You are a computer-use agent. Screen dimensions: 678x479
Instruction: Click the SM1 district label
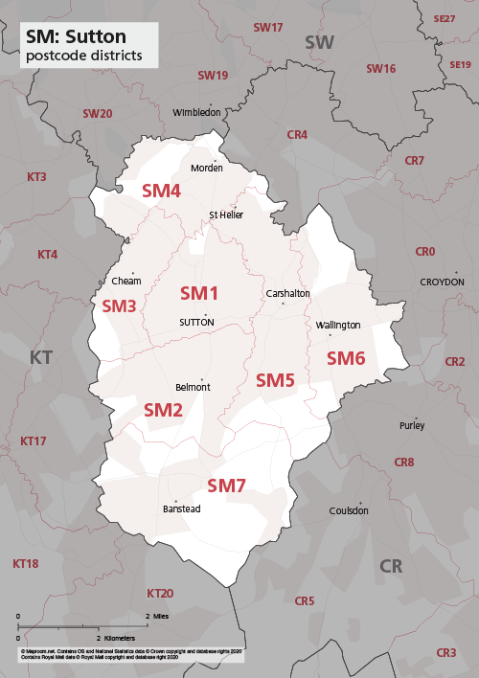tap(200, 292)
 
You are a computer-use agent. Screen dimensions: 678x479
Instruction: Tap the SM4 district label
tap(161, 191)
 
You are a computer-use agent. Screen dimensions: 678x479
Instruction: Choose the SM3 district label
tap(119, 306)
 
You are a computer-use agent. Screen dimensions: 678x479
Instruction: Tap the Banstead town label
tap(182, 508)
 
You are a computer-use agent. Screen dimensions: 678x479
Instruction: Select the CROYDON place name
tap(442, 282)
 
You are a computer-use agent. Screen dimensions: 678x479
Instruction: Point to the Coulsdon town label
tap(349, 510)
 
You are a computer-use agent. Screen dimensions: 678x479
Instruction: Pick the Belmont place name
tap(194, 388)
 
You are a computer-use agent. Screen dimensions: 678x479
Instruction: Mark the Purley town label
tap(412, 425)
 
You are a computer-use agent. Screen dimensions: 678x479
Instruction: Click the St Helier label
tap(226, 215)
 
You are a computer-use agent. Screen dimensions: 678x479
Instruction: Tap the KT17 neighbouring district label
tap(34, 441)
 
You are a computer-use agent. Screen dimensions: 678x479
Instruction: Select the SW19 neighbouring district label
tap(213, 75)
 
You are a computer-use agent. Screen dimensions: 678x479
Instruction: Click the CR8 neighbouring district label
tap(404, 463)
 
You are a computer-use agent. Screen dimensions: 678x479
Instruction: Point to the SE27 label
tap(445, 19)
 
